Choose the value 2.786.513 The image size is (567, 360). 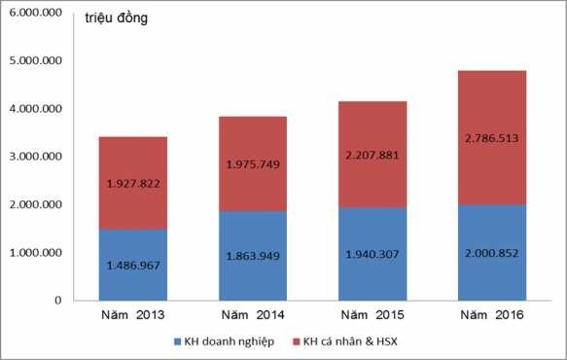click(x=491, y=138)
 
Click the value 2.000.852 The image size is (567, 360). click(x=491, y=252)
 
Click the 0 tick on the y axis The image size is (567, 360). click(x=57, y=301)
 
